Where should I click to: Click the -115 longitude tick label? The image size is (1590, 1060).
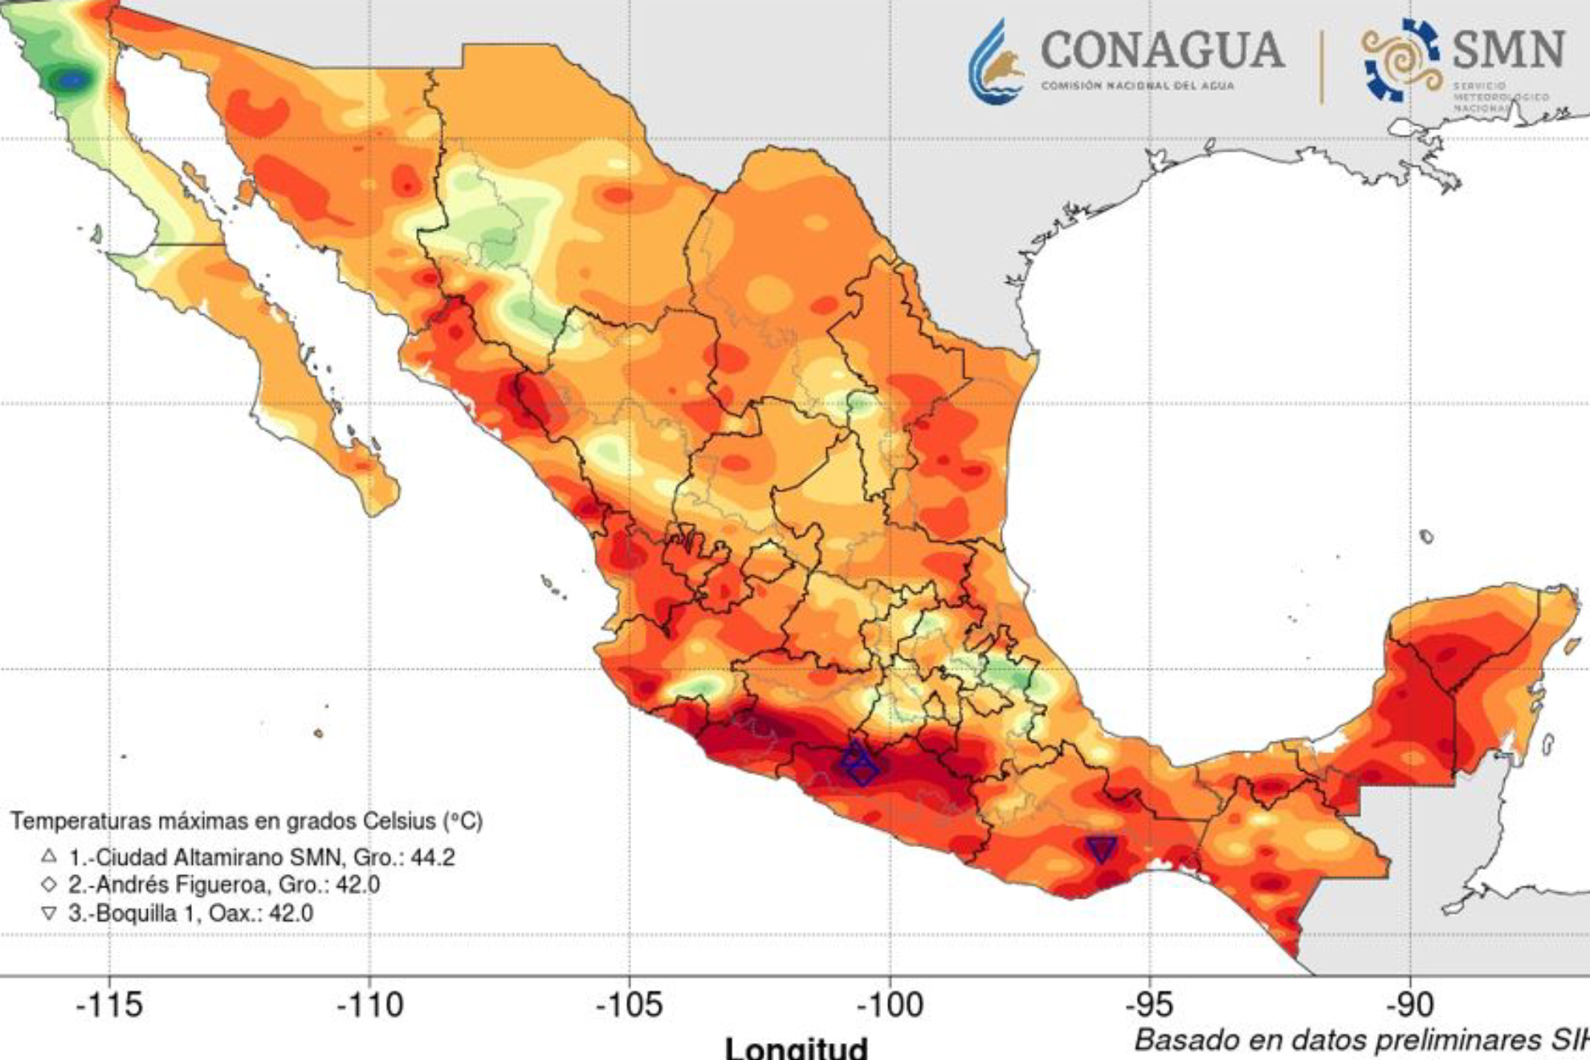[109, 1005]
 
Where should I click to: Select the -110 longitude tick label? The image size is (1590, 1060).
[369, 1005]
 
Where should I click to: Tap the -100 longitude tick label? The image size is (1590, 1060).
[889, 1005]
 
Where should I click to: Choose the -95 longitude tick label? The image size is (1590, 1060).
[1149, 1005]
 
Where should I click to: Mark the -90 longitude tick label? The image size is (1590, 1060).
[1409, 1005]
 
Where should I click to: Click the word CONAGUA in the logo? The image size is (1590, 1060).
[1162, 50]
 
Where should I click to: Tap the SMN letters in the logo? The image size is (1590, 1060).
[1508, 50]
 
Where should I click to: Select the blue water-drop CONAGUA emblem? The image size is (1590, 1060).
[996, 63]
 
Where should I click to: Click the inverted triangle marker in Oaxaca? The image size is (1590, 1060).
[1101, 849]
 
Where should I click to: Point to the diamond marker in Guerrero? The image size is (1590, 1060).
[863, 771]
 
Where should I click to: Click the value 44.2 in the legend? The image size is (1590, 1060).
[433, 858]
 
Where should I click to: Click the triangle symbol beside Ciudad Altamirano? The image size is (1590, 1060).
[49, 856]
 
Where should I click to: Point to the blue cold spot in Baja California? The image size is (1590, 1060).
[72, 79]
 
